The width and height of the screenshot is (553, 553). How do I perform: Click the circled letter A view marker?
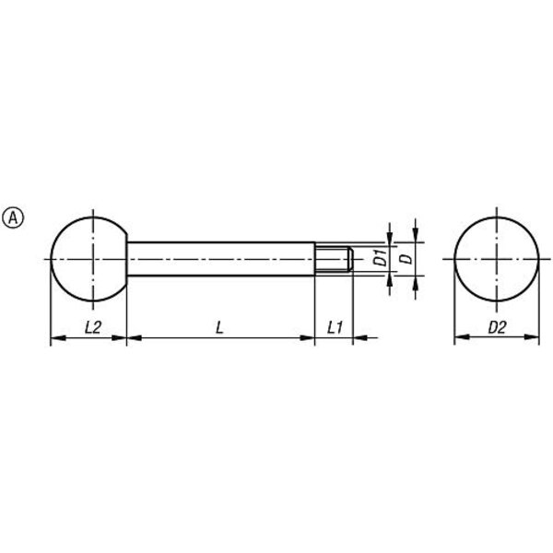point(13,218)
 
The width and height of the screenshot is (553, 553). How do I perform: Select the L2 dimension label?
point(93,327)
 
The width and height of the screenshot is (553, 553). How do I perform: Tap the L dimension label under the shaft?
point(219,327)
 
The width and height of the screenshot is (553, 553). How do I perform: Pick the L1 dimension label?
point(335,327)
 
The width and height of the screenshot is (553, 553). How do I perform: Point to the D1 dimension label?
point(380,258)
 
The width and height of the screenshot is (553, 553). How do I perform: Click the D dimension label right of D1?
point(406,258)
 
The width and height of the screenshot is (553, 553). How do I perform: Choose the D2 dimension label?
point(497,327)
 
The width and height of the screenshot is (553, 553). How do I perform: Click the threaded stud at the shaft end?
point(334,259)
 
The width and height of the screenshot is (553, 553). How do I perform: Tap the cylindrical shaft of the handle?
point(221,259)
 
